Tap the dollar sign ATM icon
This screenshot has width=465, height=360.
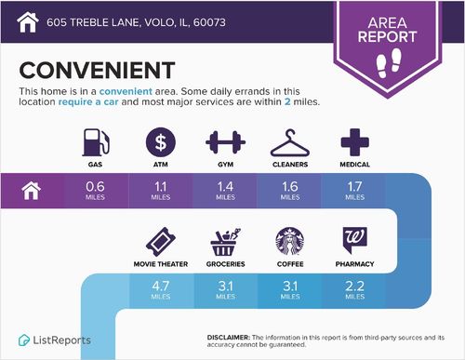[x=161, y=143]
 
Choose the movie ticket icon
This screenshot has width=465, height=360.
[x=160, y=241]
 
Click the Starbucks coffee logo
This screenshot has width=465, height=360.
[x=290, y=241]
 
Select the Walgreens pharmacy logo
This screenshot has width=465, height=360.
[x=355, y=241]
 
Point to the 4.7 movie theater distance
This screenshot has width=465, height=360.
[x=160, y=285]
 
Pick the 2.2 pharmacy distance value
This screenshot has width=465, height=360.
[x=355, y=285]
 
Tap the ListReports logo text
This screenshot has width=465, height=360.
[x=63, y=340]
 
